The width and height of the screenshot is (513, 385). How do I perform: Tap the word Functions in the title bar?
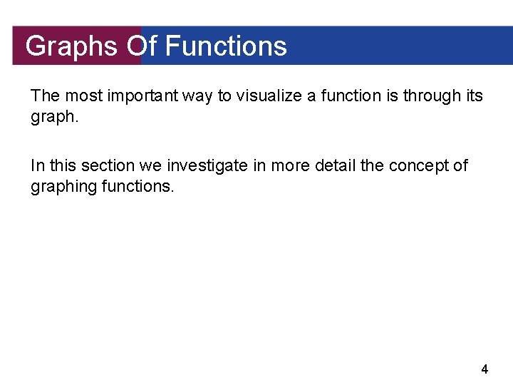tap(226, 46)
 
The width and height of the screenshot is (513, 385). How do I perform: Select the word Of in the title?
tap(142, 46)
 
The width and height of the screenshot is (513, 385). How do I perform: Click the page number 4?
tap(484, 369)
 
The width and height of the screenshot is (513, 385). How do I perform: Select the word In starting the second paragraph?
tap(37, 166)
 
